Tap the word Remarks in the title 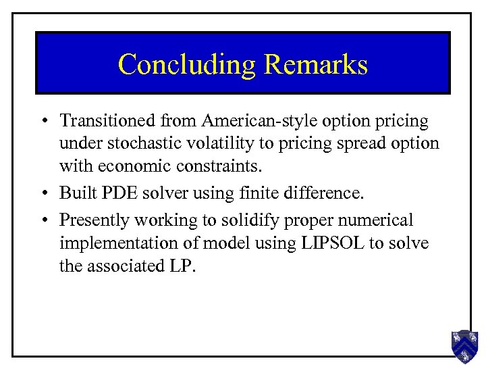(x=316, y=65)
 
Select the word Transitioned (x=107, y=121)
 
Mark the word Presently (x=94, y=220)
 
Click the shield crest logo (x=464, y=346)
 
